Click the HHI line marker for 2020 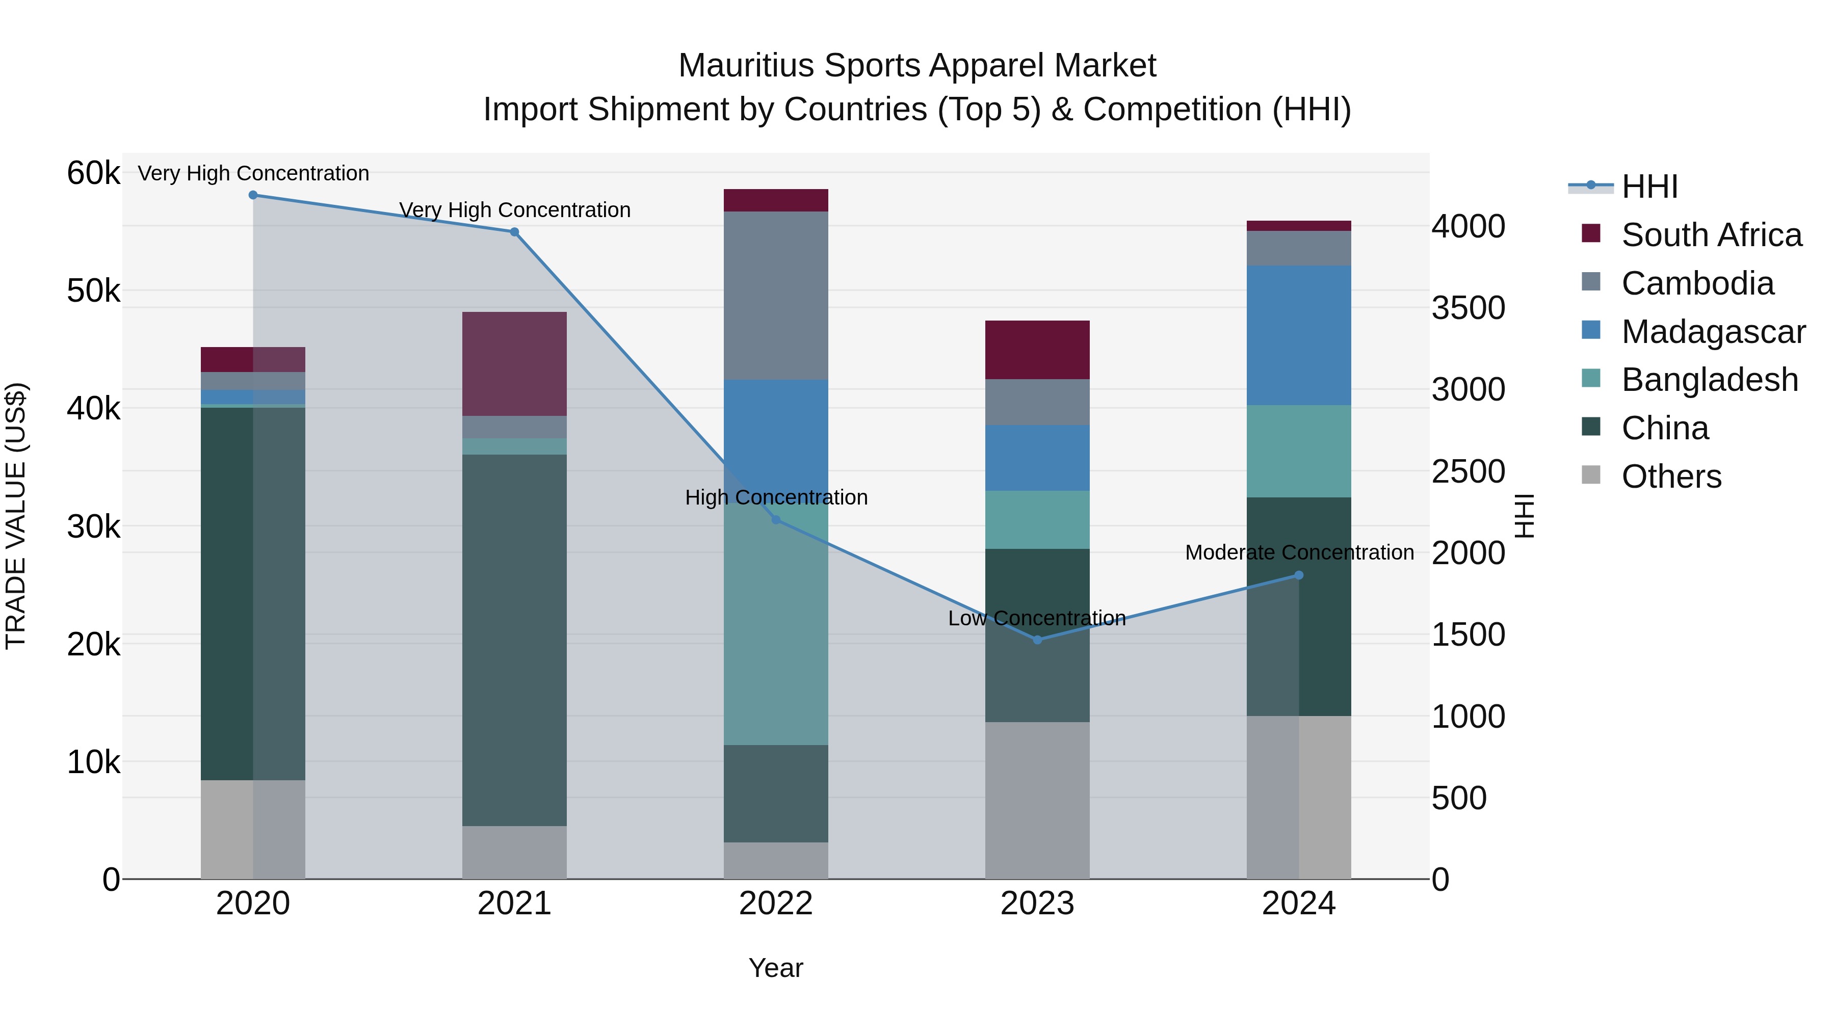tap(253, 195)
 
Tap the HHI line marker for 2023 tap(1037, 640)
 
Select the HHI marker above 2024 tap(1299, 575)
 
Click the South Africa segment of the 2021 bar tap(514, 364)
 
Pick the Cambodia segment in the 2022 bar tap(776, 295)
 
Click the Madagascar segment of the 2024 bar tap(1299, 335)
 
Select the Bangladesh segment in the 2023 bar tap(1037, 519)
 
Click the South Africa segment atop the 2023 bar tap(1037, 350)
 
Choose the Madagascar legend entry tap(1713, 332)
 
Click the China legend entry tap(1665, 428)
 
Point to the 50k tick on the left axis tap(93, 290)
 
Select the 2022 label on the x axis tap(776, 903)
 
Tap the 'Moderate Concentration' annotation tap(1299, 552)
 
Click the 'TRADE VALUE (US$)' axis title tap(16, 516)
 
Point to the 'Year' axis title tap(776, 968)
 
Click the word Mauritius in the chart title tap(746, 66)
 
